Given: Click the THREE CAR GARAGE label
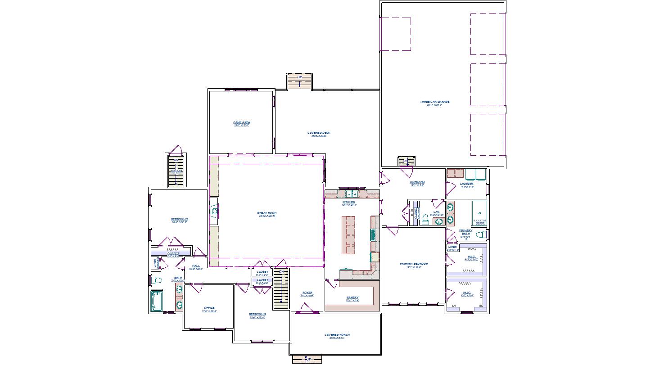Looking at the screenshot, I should (434, 102).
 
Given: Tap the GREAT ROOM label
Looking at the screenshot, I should (267, 213).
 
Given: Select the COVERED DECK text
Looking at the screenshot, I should (319, 133).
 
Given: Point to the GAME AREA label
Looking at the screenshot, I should (242, 122).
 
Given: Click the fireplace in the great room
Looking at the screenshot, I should (214, 211).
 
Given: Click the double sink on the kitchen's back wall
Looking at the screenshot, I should (351, 194).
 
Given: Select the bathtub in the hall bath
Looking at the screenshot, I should (157, 300).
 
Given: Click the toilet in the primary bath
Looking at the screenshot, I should (481, 234).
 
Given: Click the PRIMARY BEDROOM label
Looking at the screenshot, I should (414, 264).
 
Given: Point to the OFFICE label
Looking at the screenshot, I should (209, 308).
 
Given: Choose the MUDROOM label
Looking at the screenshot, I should (417, 182).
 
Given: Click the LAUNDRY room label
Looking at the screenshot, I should (467, 184).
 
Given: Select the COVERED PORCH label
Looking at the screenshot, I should (337, 335).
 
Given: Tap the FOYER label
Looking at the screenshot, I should (307, 293).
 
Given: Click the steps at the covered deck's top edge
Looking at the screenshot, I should (300, 81).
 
